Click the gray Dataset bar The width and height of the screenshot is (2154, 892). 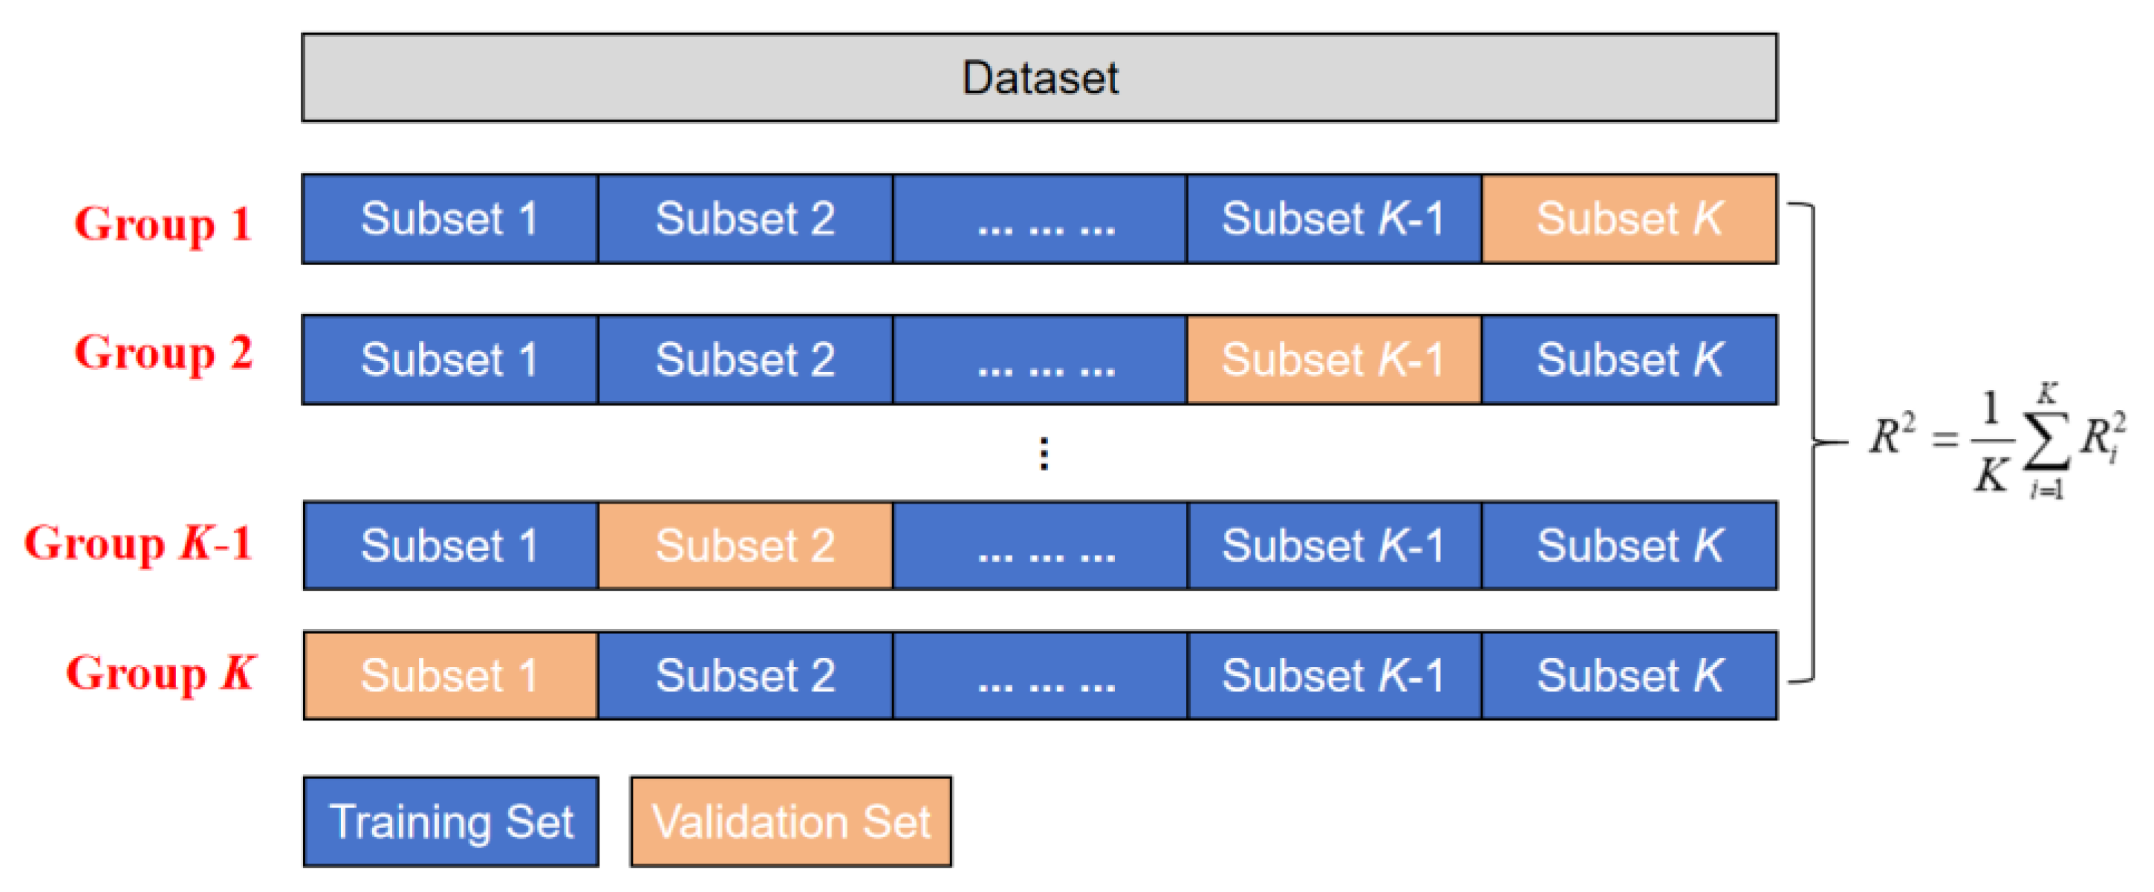pos(1038,78)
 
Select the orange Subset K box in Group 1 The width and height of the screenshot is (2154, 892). pos(1628,219)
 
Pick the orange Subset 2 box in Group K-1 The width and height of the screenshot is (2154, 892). pos(744,545)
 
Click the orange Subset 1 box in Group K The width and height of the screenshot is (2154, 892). pos(450,674)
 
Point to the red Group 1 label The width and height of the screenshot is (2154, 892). pos(163,224)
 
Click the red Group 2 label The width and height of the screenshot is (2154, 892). pos(163,353)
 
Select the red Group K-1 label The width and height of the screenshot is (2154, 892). pos(139,544)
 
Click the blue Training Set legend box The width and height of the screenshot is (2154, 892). pos(450,821)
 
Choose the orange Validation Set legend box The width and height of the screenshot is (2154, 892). pos(790,821)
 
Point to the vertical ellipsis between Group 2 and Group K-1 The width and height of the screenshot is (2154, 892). pos(1044,453)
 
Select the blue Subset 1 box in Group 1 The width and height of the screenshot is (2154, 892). pos(450,219)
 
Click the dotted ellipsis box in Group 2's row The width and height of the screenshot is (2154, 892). pos(1039,359)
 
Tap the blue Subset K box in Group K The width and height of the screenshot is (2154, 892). pos(1628,674)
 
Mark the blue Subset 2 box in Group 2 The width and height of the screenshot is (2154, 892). pos(744,359)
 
